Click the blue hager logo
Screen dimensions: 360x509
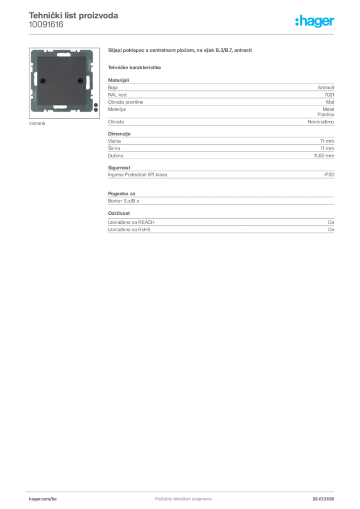pyautogui.click(x=315, y=21)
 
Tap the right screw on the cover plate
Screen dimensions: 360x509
pyautogui.click(x=79, y=81)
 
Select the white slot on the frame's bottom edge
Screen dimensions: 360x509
pyautogui.click(x=61, y=106)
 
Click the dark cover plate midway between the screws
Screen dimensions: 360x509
pyautogui.click(x=61, y=81)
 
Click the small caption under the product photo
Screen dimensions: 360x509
pyautogui.click(x=37, y=123)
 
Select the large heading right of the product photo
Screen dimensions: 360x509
pyautogui.click(x=181, y=51)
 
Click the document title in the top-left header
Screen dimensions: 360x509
pyautogui.click(x=74, y=15)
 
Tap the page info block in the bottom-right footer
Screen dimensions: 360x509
pyautogui.click(x=324, y=495)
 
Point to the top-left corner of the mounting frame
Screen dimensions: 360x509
pyautogui.click(x=33, y=51)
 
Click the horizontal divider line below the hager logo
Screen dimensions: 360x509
pyautogui.click(x=199, y=34)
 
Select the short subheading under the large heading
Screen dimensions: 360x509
pyautogui.click(x=135, y=67)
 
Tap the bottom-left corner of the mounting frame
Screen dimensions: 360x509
pyautogui.click(x=33, y=111)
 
